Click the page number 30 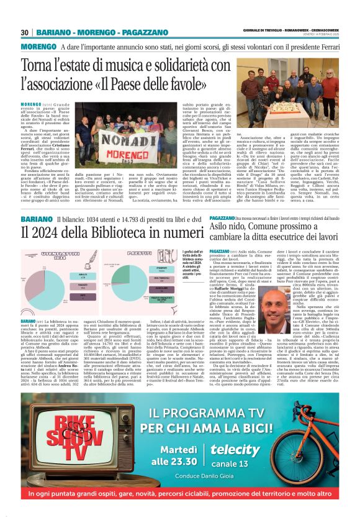[24, 32]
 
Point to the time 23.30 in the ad [167, 461]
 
